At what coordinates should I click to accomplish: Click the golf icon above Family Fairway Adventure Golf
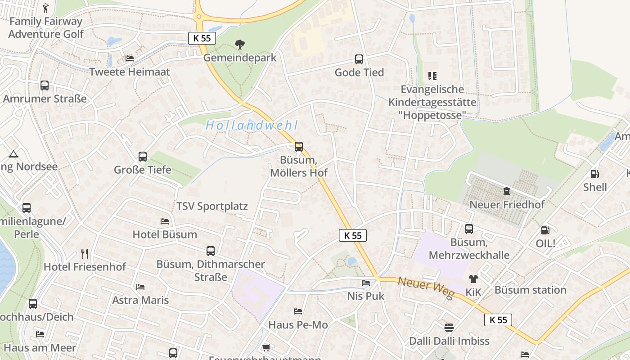[x=45, y=8]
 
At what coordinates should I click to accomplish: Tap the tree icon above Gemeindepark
[x=240, y=44]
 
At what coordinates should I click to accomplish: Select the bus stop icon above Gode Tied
[x=359, y=59]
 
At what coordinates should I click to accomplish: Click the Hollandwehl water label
[x=252, y=126]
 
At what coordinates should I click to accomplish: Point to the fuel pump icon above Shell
[x=594, y=174]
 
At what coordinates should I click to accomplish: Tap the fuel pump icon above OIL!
[x=545, y=230]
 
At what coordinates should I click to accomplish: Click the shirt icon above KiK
[x=473, y=279]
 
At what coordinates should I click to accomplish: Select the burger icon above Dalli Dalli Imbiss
[x=449, y=327]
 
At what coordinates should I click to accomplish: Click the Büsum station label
[x=530, y=290]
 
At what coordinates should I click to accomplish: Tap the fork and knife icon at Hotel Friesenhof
[x=84, y=253]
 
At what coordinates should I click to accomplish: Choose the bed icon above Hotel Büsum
[x=165, y=221]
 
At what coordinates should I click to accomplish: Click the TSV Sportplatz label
[x=212, y=207]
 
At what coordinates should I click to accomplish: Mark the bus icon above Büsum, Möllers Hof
[x=298, y=146]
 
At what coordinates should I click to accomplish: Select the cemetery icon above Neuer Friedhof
[x=507, y=191]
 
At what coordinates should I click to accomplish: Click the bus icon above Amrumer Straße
[x=45, y=85]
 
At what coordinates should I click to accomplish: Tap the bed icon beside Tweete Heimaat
[x=130, y=58]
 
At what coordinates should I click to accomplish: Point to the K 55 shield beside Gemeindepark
[x=202, y=38]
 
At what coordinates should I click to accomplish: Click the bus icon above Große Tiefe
[x=143, y=156]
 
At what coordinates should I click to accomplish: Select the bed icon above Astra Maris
[x=140, y=287]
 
